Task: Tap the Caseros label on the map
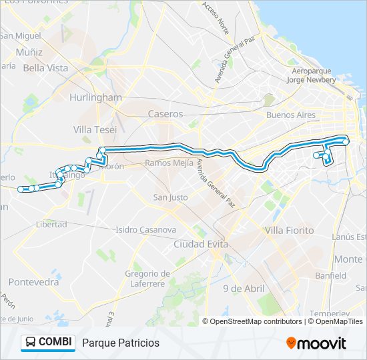pos(165,114)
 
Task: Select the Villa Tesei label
pos(95,129)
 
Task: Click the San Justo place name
pos(170,197)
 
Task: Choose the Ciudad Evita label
pos(200,244)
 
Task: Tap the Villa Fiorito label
pos(290,230)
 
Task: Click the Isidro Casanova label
pos(145,229)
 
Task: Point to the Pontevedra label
pos(34,282)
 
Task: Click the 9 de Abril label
pos(244,288)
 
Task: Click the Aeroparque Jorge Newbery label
pos(314,75)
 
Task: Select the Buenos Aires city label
pos(290,115)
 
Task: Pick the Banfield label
pos(331,275)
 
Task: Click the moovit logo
pos(316,343)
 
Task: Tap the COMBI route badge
pos(48,342)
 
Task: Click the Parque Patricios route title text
pos(121,343)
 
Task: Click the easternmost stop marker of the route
pos(346,141)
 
